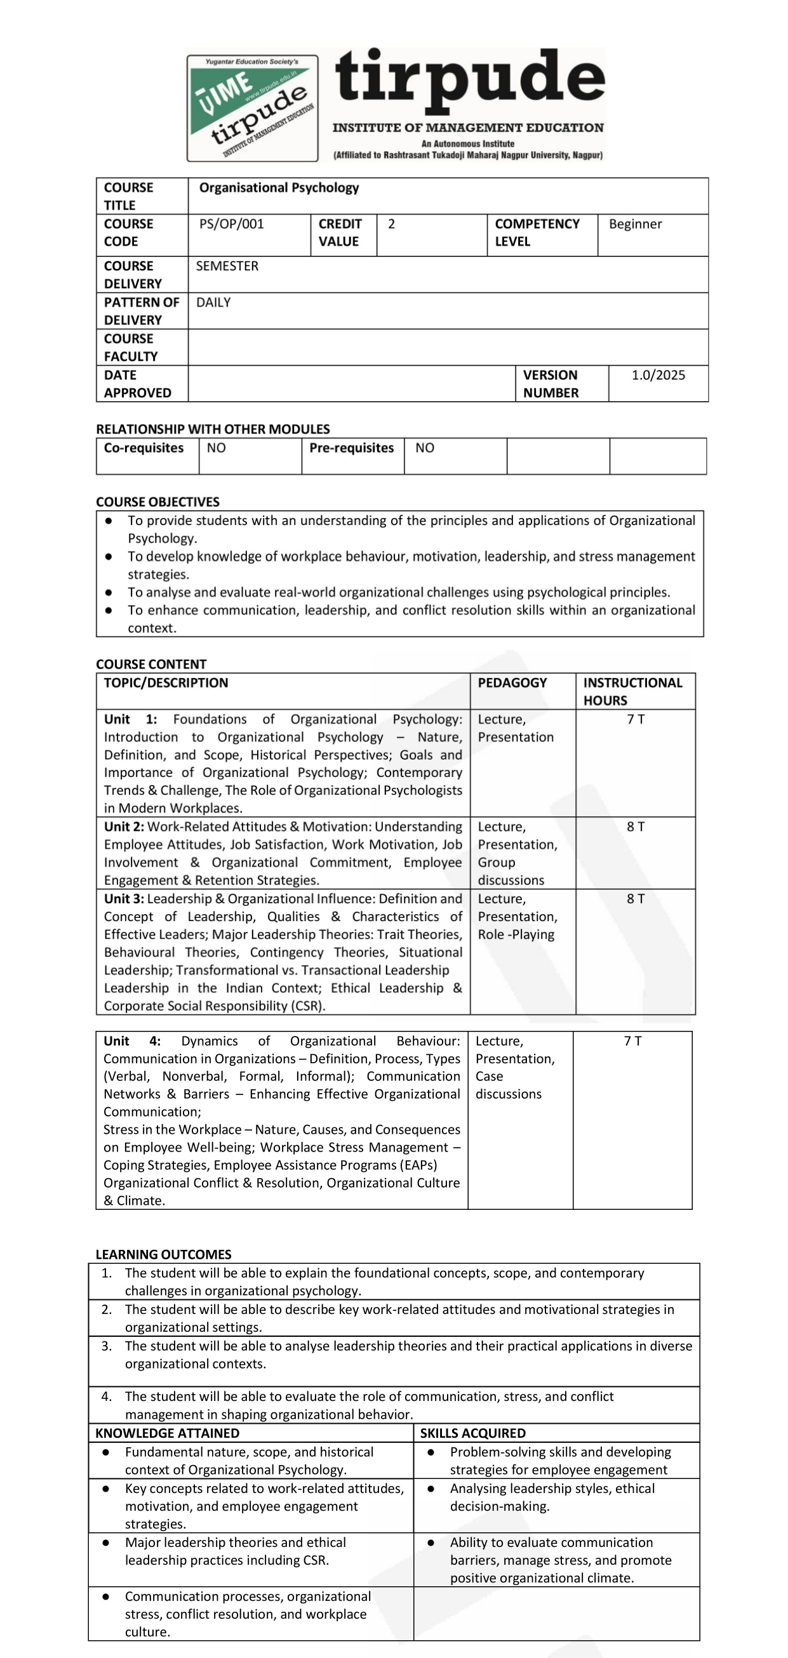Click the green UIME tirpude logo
click(252, 108)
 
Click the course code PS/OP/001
click(231, 224)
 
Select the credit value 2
click(391, 224)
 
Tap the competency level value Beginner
click(635, 224)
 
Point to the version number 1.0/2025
click(658, 375)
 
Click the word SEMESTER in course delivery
click(227, 266)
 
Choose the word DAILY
click(213, 303)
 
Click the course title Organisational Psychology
click(279, 188)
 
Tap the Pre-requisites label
click(352, 448)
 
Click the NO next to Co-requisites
click(217, 448)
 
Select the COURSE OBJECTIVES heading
click(157, 502)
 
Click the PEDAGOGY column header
click(512, 683)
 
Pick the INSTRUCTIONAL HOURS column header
click(632, 691)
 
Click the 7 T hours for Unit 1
click(636, 720)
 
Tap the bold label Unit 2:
click(124, 827)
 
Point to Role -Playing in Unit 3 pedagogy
click(516, 934)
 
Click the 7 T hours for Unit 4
click(632, 1042)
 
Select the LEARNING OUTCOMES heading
click(164, 1254)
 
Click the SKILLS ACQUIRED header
click(472, 1433)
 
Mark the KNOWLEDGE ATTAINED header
click(168, 1433)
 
